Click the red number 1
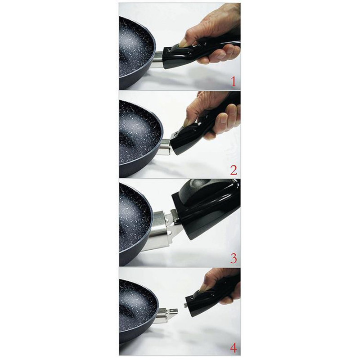click(x=234, y=82)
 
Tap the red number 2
click(x=234, y=170)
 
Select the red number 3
click(x=234, y=258)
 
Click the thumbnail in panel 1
click(x=183, y=43)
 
